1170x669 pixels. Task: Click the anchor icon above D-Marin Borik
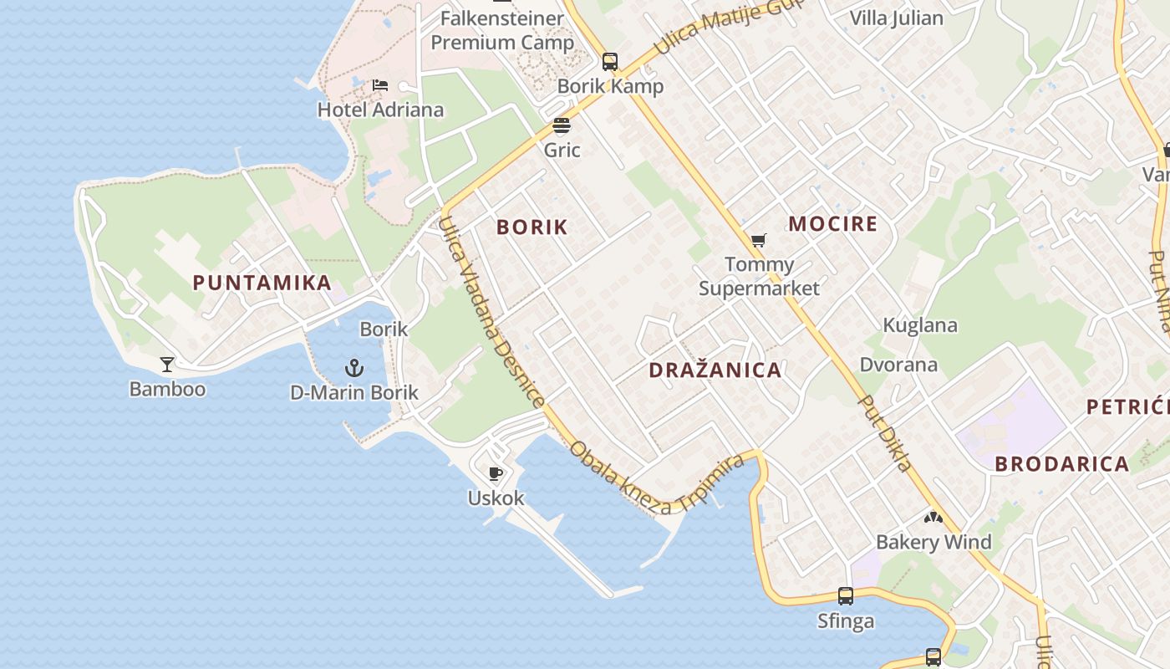pos(354,368)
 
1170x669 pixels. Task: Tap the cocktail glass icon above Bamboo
pos(167,364)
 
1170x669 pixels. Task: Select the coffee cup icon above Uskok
pos(496,474)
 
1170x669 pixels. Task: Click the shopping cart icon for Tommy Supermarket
pos(758,241)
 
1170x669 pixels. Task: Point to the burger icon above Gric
pos(562,126)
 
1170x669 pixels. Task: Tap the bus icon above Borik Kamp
pos(610,61)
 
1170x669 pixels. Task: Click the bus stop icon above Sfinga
pos(846,596)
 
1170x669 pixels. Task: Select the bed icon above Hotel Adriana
pos(380,85)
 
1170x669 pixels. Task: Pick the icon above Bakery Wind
pos(933,518)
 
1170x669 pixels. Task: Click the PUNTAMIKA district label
pos(262,283)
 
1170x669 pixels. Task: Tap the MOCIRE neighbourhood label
pos(833,224)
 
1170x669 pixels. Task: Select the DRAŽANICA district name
pos(715,370)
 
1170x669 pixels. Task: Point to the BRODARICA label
pos(1062,464)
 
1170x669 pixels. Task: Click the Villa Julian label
pos(896,18)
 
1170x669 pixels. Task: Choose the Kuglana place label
pos(920,325)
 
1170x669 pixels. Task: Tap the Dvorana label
pos(898,365)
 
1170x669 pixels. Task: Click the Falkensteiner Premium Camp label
pos(502,30)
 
